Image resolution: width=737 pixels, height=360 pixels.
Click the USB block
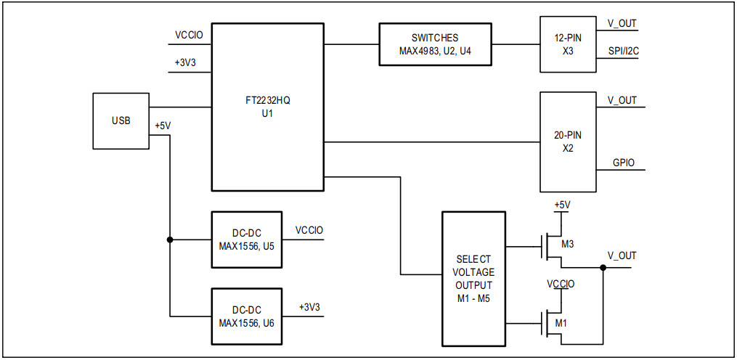(x=121, y=120)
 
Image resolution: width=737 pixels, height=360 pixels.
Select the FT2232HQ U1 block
(x=267, y=107)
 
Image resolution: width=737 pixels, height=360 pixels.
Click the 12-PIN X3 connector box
(x=567, y=44)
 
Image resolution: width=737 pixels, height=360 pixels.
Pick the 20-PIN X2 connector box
(x=567, y=142)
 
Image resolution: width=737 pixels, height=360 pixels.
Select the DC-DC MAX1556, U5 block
(x=247, y=240)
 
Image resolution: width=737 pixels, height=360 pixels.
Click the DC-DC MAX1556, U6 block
(x=247, y=316)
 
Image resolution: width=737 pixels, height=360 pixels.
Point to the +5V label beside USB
(x=163, y=126)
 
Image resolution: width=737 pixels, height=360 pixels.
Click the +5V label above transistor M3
(x=562, y=205)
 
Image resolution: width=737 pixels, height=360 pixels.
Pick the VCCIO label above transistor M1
(x=561, y=284)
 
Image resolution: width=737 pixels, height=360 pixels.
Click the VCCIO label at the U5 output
(x=309, y=230)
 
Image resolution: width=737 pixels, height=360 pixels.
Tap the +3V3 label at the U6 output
(x=309, y=307)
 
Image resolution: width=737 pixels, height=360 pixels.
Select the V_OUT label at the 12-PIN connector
(x=622, y=23)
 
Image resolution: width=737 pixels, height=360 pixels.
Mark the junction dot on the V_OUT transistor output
(x=603, y=267)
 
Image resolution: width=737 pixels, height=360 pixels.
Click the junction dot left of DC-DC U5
(x=170, y=240)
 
